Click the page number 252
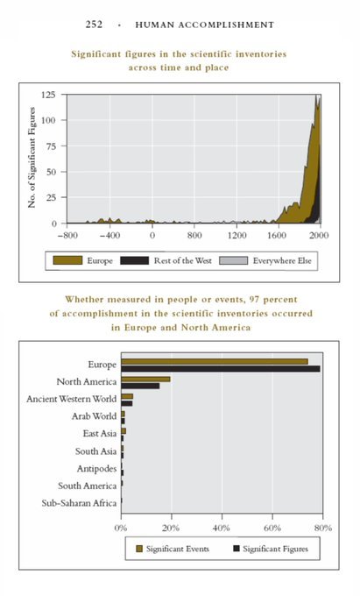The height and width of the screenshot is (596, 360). [x=94, y=25]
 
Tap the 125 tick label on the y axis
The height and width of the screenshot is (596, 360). [x=48, y=95]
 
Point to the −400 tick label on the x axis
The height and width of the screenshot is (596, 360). [x=109, y=235]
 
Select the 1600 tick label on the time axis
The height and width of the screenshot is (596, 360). [x=276, y=235]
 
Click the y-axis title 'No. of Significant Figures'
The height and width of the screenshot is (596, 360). [x=32, y=158]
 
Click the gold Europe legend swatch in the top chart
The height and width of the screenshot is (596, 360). [x=67, y=260]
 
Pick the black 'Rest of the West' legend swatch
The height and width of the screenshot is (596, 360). [x=134, y=260]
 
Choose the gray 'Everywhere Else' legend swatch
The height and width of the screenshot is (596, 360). [x=233, y=260]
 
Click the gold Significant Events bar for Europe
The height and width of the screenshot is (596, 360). [x=215, y=361]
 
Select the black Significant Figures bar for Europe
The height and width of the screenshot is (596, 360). [x=221, y=368]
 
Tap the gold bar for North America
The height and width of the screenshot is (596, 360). [x=145, y=379]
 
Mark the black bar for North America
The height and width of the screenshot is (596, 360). [x=140, y=386]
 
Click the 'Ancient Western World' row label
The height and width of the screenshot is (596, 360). [x=72, y=399]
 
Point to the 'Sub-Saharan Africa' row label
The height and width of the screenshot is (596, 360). [x=79, y=503]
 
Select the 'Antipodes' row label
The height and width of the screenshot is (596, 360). [x=97, y=469]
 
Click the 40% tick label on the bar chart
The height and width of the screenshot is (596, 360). [x=221, y=528]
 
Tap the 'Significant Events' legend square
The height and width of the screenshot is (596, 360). [x=139, y=549]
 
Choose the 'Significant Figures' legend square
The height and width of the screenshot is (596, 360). [x=236, y=549]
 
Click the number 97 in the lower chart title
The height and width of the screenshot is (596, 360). [x=254, y=300]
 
